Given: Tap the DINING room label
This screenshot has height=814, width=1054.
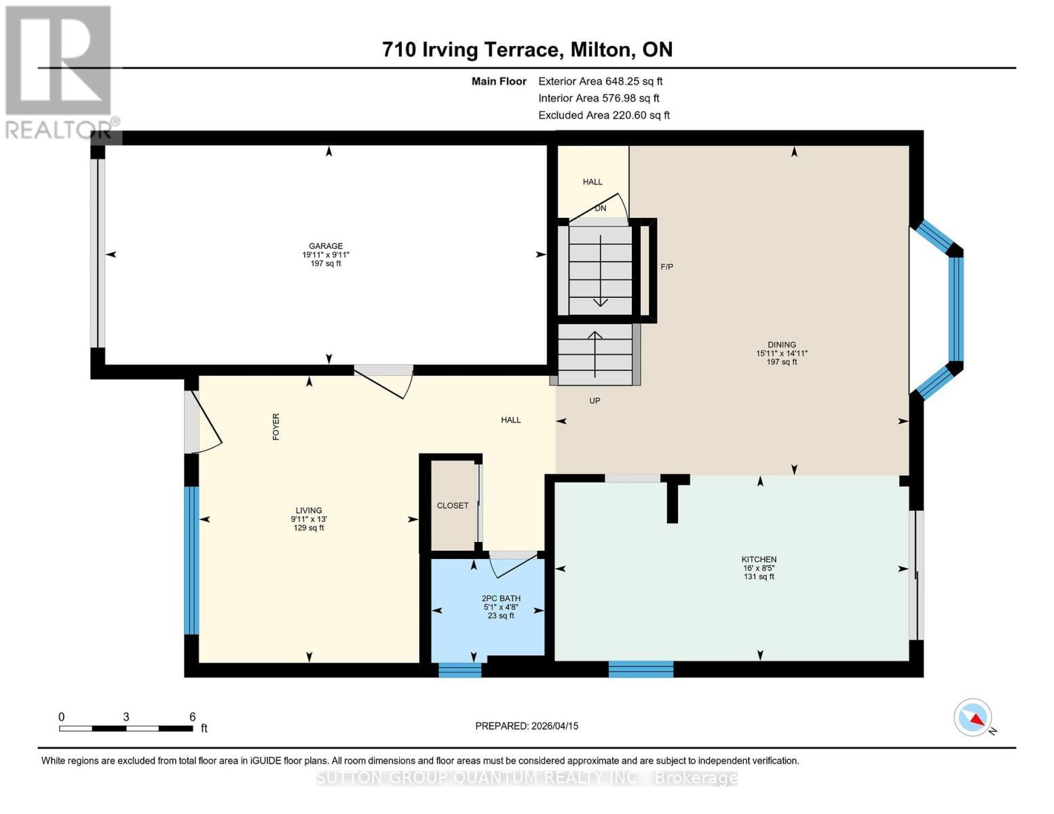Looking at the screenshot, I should [x=782, y=345].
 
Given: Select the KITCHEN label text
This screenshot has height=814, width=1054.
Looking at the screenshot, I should [x=759, y=560].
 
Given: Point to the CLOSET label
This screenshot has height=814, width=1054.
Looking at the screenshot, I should [x=453, y=506].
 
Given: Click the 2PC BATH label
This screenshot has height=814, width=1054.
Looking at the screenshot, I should [x=501, y=599].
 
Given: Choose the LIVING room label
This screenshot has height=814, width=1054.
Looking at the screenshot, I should [x=309, y=511].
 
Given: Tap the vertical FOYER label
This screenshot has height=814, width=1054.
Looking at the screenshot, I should [x=276, y=427].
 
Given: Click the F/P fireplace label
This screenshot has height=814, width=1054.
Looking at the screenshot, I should [x=667, y=267].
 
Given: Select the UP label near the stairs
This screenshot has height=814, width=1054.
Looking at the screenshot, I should [x=595, y=401].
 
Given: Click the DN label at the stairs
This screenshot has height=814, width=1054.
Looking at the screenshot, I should [x=601, y=209].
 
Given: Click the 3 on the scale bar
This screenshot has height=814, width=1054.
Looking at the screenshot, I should [x=126, y=717].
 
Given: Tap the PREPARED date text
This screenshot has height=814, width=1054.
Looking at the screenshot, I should [x=527, y=726].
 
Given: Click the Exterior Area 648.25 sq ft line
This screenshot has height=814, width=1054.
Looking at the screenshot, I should [x=600, y=81].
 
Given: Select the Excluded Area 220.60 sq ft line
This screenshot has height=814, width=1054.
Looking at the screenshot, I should [x=603, y=115].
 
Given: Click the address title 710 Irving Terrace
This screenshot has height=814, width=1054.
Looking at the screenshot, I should [x=527, y=50].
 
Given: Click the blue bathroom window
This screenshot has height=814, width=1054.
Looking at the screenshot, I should [x=459, y=670].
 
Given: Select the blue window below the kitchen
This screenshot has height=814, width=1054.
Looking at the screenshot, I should [x=641, y=670].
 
